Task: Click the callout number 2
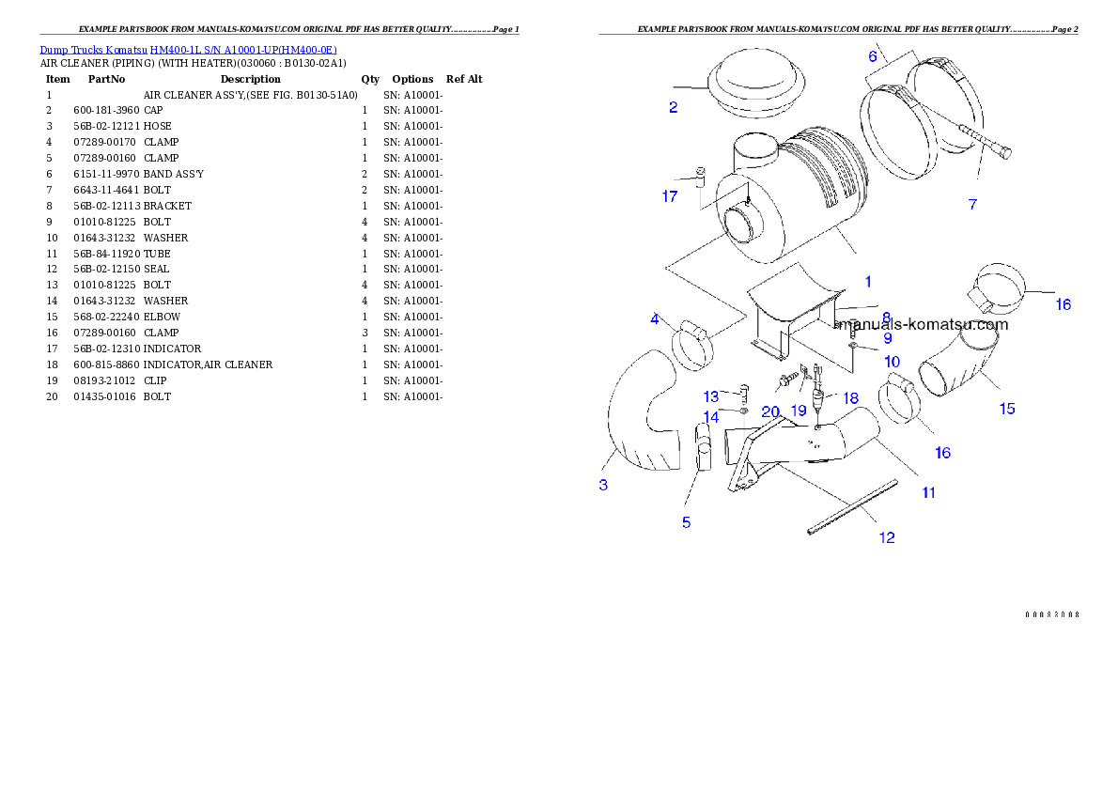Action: pos(673,107)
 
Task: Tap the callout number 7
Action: pos(972,204)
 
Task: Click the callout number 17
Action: pos(669,196)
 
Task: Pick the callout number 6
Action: pos(873,56)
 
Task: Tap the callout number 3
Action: pos(603,485)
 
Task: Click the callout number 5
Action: pos(686,522)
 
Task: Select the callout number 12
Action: pos(886,537)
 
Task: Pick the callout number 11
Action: pos(928,492)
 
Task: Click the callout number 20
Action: pos(770,411)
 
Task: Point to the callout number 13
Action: pos(711,396)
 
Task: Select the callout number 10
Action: pos(892,361)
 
